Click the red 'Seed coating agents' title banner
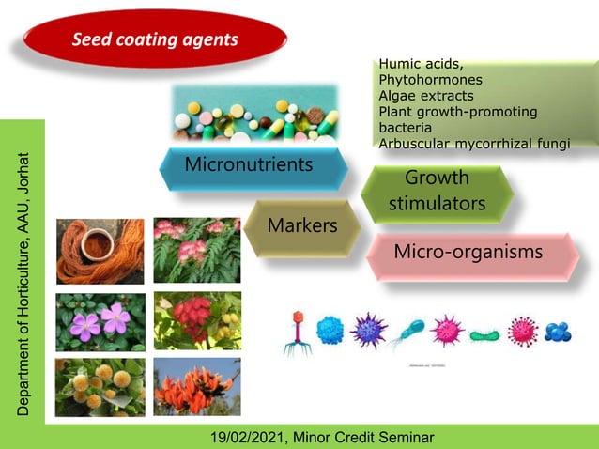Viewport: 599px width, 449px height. point(155,40)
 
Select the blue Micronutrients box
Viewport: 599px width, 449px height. point(249,166)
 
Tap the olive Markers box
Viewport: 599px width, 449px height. point(301,225)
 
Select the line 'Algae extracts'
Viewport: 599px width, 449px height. point(426,96)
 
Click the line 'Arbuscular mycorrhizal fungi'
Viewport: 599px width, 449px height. point(486,143)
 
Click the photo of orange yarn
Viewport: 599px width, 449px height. point(100,252)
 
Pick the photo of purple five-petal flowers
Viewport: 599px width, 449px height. point(100,321)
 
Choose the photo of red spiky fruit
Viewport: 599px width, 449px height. point(197,319)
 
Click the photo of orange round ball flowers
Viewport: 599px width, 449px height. point(100,386)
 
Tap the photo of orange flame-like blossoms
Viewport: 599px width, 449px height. point(197,386)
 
